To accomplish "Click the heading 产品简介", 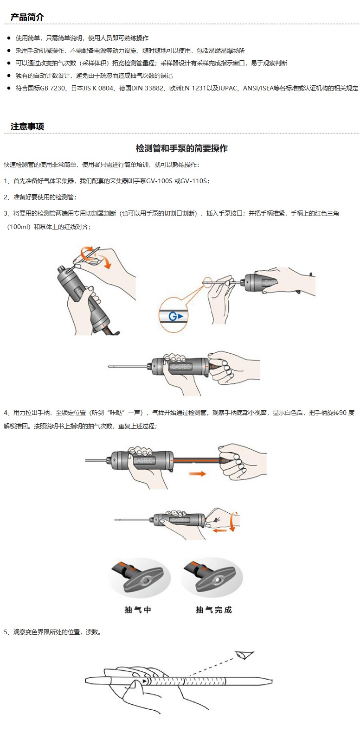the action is tap(27, 17).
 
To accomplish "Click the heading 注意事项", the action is tap(27, 127).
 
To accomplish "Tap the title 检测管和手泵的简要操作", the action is tap(182, 148).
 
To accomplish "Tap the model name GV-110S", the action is tap(194, 181).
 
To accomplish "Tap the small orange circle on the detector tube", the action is tap(207, 282).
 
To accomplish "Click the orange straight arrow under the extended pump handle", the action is tap(197, 474).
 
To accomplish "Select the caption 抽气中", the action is tap(138, 610).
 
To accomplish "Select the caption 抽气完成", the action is tap(214, 610).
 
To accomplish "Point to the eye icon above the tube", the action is tap(244, 655).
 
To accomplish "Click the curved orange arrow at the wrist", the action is tap(234, 521).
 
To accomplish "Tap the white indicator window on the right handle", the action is tap(218, 580).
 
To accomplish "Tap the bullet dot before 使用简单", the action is tap(9, 38).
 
